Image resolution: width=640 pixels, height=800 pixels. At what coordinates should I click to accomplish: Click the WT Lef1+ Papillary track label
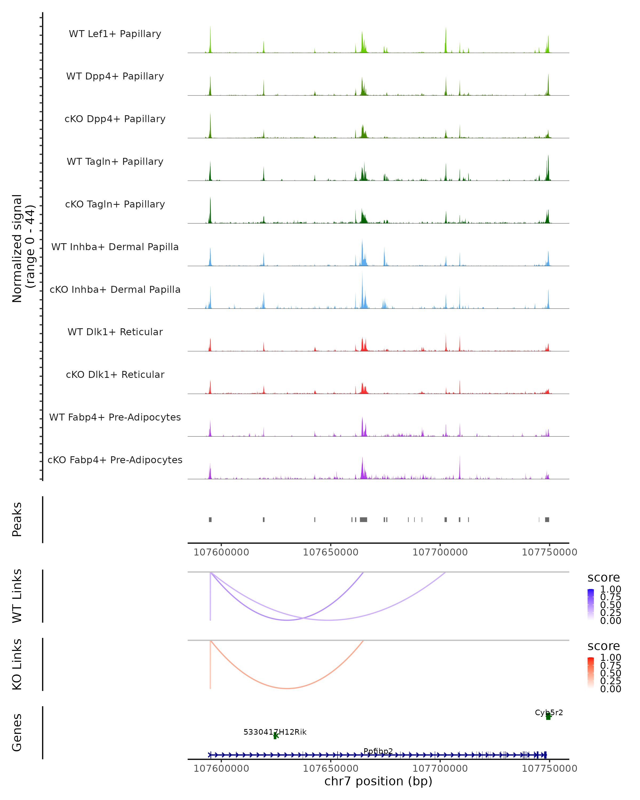(115, 34)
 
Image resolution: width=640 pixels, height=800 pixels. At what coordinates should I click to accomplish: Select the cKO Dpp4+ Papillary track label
(115, 119)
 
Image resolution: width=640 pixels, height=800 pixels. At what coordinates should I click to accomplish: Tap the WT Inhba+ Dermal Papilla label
(115, 247)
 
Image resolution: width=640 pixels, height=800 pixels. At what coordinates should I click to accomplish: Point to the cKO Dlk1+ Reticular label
(115, 375)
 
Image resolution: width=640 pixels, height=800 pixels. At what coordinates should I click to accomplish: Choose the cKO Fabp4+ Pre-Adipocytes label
(115, 460)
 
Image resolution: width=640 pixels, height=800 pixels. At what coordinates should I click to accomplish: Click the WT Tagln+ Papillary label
(115, 162)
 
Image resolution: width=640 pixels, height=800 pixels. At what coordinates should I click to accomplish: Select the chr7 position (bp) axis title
(378, 781)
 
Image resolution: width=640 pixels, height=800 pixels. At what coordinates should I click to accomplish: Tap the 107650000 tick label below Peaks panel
(331, 553)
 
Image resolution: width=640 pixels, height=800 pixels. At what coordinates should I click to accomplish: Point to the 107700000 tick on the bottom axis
(440, 769)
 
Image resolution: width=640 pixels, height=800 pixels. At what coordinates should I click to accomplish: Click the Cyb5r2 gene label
(549, 713)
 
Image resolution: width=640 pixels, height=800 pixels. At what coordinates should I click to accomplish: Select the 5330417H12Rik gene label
(275, 732)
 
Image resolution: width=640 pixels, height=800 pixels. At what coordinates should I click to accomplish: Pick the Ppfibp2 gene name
(378, 751)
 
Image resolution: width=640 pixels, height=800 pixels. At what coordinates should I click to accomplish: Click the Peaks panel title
(17, 519)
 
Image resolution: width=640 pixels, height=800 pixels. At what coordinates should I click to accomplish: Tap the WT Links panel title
(17, 596)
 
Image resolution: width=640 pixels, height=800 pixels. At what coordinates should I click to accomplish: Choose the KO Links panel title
(17, 665)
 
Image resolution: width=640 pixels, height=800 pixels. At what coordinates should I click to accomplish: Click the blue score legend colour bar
(591, 605)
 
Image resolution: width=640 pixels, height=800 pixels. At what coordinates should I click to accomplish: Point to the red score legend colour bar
(591, 673)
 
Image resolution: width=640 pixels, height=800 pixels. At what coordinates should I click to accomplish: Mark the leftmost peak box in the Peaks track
(210, 519)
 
